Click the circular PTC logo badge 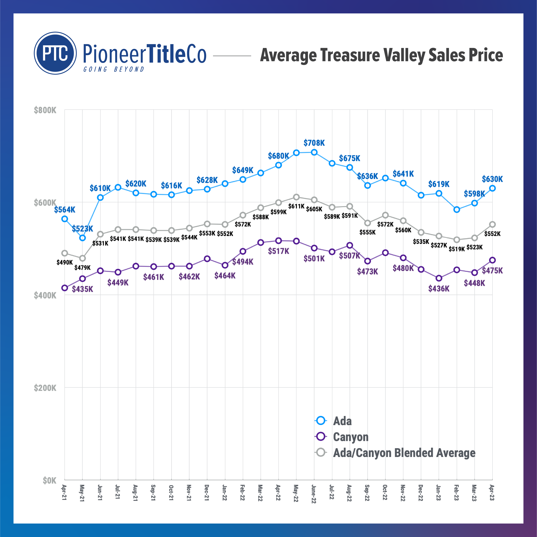(x=55, y=53)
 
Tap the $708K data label (x=314, y=143)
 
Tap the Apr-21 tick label (x=64, y=492)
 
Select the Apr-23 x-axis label (x=492, y=492)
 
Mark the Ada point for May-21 (x=82, y=238)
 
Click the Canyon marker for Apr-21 (x=64, y=288)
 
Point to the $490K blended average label (x=64, y=262)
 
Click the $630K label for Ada (x=492, y=179)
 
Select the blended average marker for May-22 (x=296, y=197)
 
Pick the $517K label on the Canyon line (x=278, y=251)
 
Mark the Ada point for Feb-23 (x=456, y=210)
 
